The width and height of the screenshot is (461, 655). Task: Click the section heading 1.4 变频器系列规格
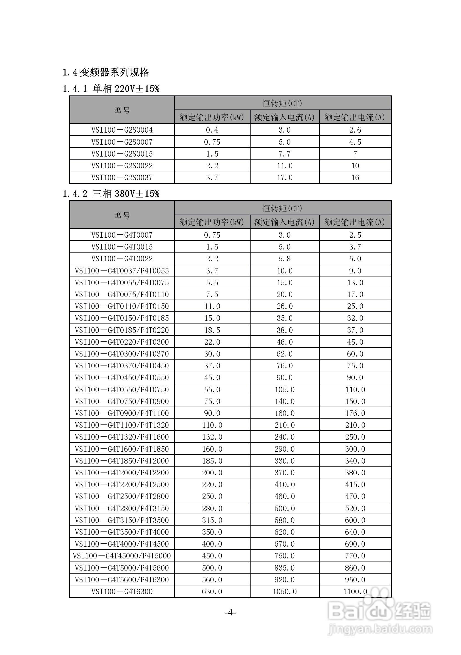[x=106, y=72]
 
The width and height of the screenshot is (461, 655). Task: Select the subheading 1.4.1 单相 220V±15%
[x=111, y=89]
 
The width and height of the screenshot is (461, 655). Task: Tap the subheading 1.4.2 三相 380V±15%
[x=111, y=194]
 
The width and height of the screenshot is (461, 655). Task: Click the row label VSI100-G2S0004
[x=122, y=130]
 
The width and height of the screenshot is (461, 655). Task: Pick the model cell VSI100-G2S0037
[x=122, y=177]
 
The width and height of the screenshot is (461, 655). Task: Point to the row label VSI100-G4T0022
[x=122, y=259]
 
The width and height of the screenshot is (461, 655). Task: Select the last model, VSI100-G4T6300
[x=122, y=591]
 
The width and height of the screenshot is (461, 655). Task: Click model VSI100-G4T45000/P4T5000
[x=122, y=556]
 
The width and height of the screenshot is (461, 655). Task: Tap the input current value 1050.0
[x=285, y=591]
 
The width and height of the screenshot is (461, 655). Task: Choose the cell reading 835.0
[x=285, y=568]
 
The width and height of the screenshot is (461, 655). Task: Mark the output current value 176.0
[x=355, y=413]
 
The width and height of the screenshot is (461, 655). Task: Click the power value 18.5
[x=212, y=330]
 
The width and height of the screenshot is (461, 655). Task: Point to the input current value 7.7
[x=285, y=154]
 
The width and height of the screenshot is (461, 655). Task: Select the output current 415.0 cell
[x=355, y=484]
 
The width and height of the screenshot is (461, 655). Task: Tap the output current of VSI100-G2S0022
[x=355, y=166]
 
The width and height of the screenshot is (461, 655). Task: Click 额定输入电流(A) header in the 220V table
[x=284, y=117]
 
